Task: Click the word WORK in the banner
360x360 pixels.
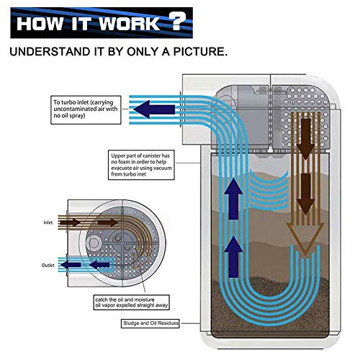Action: pyautogui.click(x=129, y=24)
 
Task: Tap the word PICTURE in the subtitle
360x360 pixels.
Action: pyautogui.click(x=200, y=52)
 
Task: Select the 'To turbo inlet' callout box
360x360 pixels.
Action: pyautogui.click(x=86, y=110)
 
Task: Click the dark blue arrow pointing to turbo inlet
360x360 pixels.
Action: pyautogui.click(x=154, y=109)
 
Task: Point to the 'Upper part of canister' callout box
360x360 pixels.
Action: pyautogui.click(x=141, y=165)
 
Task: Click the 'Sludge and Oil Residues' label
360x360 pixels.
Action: pyautogui.click(x=150, y=323)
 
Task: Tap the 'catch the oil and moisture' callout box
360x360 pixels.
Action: pyautogui.click(x=131, y=302)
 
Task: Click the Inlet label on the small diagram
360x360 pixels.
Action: pyautogui.click(x=48, y=222)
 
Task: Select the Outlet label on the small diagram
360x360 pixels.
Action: pyautogui.click(x=48, y=265)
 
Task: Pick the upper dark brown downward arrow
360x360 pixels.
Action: pyautogui.click(x=305, y=139)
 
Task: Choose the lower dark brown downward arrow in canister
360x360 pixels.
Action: pyautogui.click(x=305, y=194)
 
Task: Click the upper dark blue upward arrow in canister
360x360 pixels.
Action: pyautogui.click(x=233, y=198)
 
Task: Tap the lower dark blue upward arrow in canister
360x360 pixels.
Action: pyautogui.click(x=233, y=256)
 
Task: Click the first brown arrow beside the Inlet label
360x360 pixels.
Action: pyautogui.click(x=70, y=222)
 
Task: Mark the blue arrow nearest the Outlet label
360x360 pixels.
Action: pyautogui.click(x=71, y=265)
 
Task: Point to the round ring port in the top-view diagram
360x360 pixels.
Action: pyautogui.click(x=94, y=243)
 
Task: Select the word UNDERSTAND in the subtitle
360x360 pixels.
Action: pyautogui.click(x=50, y=52)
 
